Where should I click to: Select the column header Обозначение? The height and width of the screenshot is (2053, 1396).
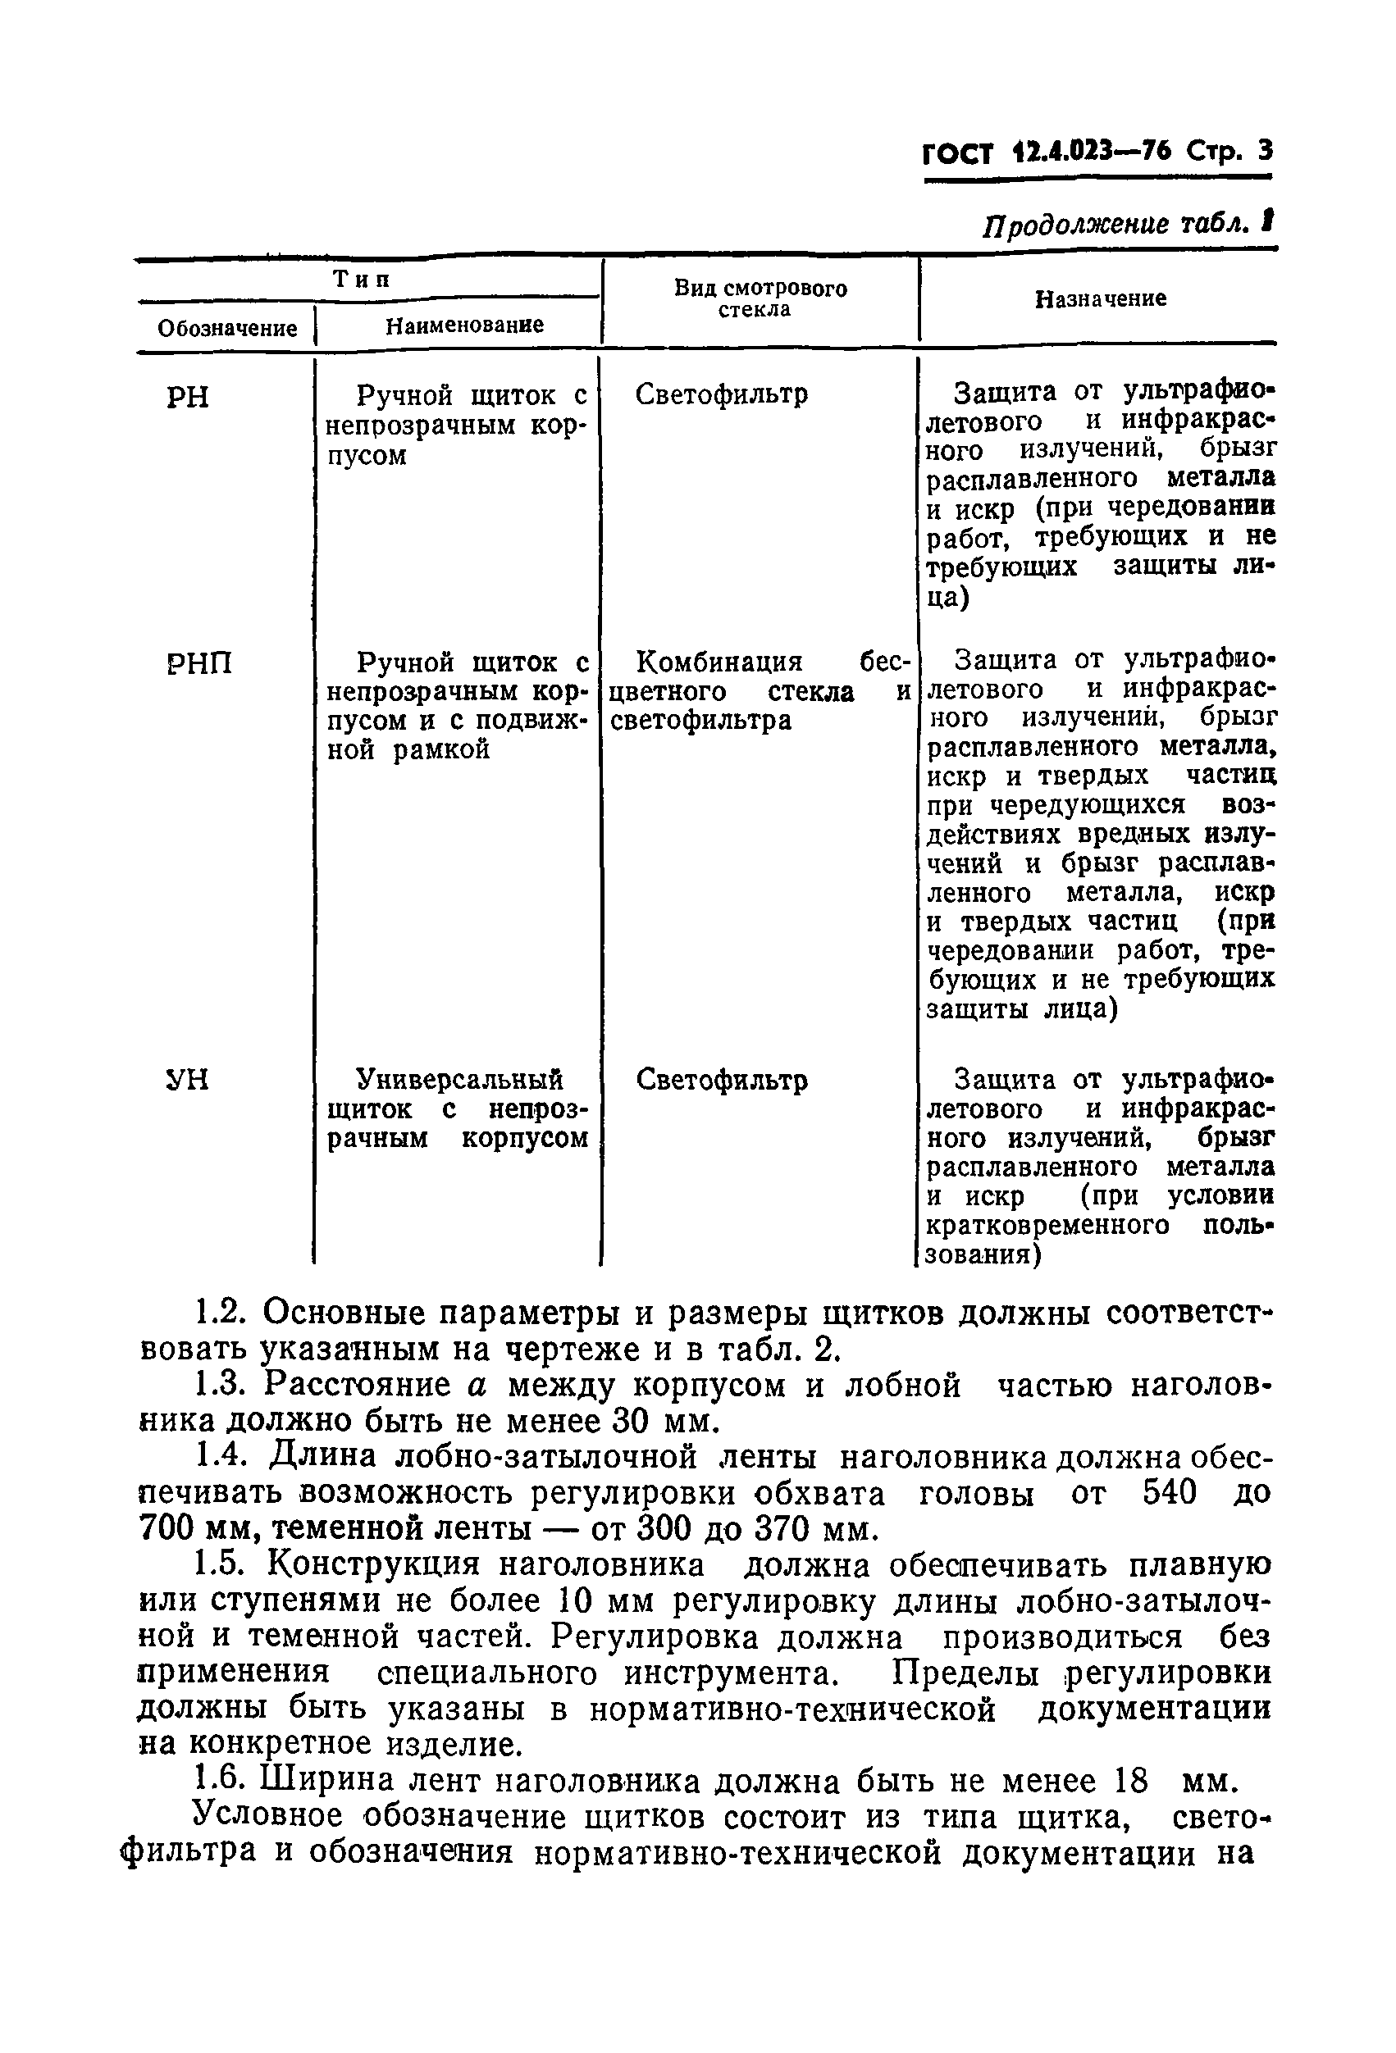pyautogui.click(x=227, y=329)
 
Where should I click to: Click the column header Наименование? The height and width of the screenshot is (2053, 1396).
pyautogui.click(x=464, y=325)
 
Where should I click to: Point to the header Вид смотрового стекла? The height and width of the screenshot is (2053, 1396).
pyautogui.click(x=760, y=298)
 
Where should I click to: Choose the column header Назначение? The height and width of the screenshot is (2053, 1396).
pyautogui.click(x=1100, y=298)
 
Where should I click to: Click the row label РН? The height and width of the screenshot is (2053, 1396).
pyautogui.click(x=187, y=398)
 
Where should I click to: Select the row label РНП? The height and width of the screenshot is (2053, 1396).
pyautogui.click(x=199, y=662)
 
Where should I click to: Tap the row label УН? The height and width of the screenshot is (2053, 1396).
pyautogui.click(x=187, y=1080)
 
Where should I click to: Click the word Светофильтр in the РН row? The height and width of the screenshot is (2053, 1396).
pyautogui.click(x=721, y=394)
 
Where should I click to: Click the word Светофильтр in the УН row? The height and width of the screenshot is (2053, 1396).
pyautogui.click(x=721, y=1081)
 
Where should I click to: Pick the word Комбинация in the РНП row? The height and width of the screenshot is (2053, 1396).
pyautogui.click(x=719, y=662)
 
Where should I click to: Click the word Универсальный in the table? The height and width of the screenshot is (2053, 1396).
pyautogui.click(x=458, y=1079)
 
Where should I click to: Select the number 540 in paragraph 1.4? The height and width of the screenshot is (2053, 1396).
pyautogui.click(x=1170, y=1492)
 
